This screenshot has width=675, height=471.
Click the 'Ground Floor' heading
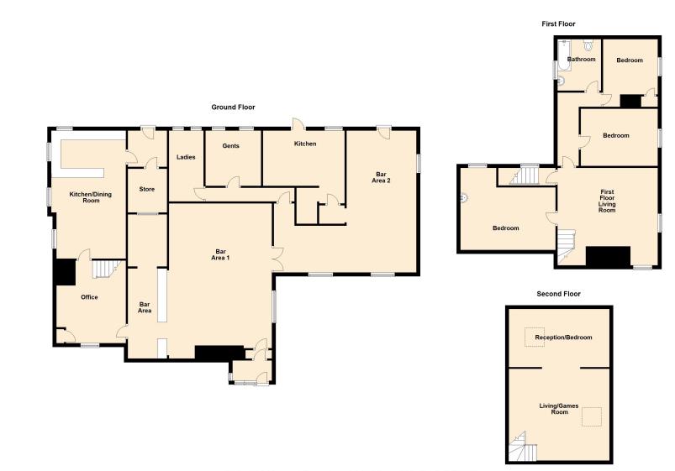pyautogui.click(x=233, y=107)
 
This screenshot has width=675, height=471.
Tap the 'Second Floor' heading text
pyautogui.click(x=558, y=294)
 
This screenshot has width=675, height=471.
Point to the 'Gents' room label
pyautogui.click(x=230, y=146)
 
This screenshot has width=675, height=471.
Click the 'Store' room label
pyautogui.click(x=146, y=189)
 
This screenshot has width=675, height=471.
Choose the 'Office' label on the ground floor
pyautogui.click(x=89, y=297)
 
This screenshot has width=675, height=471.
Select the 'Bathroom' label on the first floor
pyautogui.click(x=581, y=60)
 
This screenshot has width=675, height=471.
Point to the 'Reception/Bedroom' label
pyautogui.click(x=557, y=337)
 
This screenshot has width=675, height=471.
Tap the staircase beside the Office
pyautogui.click(x=103, y=270)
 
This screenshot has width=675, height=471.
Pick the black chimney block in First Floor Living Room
pyautogui.click(x=608, y=257)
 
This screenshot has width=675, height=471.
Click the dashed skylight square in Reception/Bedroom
pyautogui.click(x=535, y=337)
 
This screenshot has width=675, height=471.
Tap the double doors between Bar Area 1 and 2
pyautogui.click(x=277, y=259)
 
